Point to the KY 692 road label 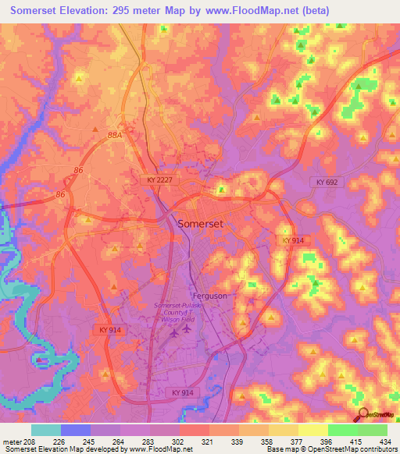pyautogui.click(x=328, y=182)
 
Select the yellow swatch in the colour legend pyautogui.click(x=312, y=430)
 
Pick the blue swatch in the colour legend pyautogui.click(x=75, y=430)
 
